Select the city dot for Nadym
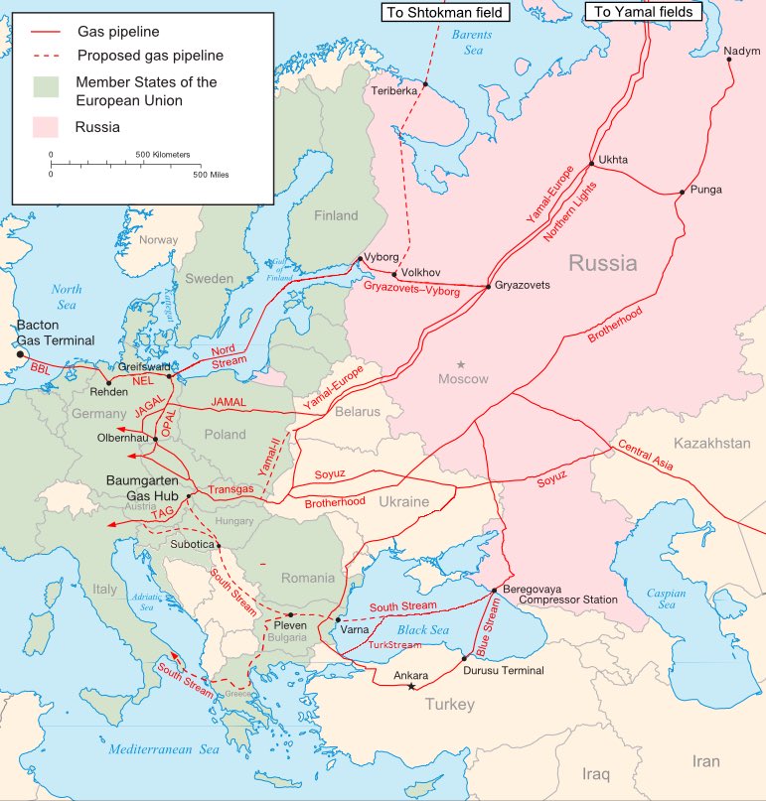click(729, 60)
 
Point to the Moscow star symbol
click(460, 365)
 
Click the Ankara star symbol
click(411, 688)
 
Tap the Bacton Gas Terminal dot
click(19, 352)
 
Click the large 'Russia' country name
click(602, 263)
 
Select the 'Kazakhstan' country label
click(711, 443)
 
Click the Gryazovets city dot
click(488, 286)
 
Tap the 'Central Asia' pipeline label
click(649, 454)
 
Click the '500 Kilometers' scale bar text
click(163, 155)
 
